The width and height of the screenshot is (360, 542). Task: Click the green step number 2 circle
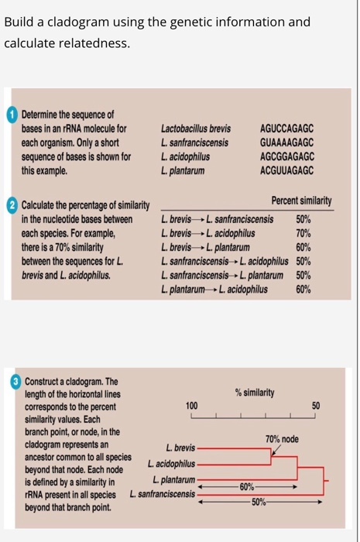[13, 205]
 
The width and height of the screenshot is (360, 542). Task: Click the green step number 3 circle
[14, 382]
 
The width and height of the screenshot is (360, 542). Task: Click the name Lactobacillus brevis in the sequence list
[196, 129]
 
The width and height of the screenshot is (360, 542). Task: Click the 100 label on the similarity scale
[193, 406]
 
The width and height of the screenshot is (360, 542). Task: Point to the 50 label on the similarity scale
[315, 406]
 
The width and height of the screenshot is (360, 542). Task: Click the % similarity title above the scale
[254, 393]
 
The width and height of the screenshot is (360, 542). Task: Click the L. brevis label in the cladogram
[180, 448]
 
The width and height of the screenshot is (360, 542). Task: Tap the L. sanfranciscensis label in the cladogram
[163, 493]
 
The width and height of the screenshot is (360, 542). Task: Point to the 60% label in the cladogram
[246, 485]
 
